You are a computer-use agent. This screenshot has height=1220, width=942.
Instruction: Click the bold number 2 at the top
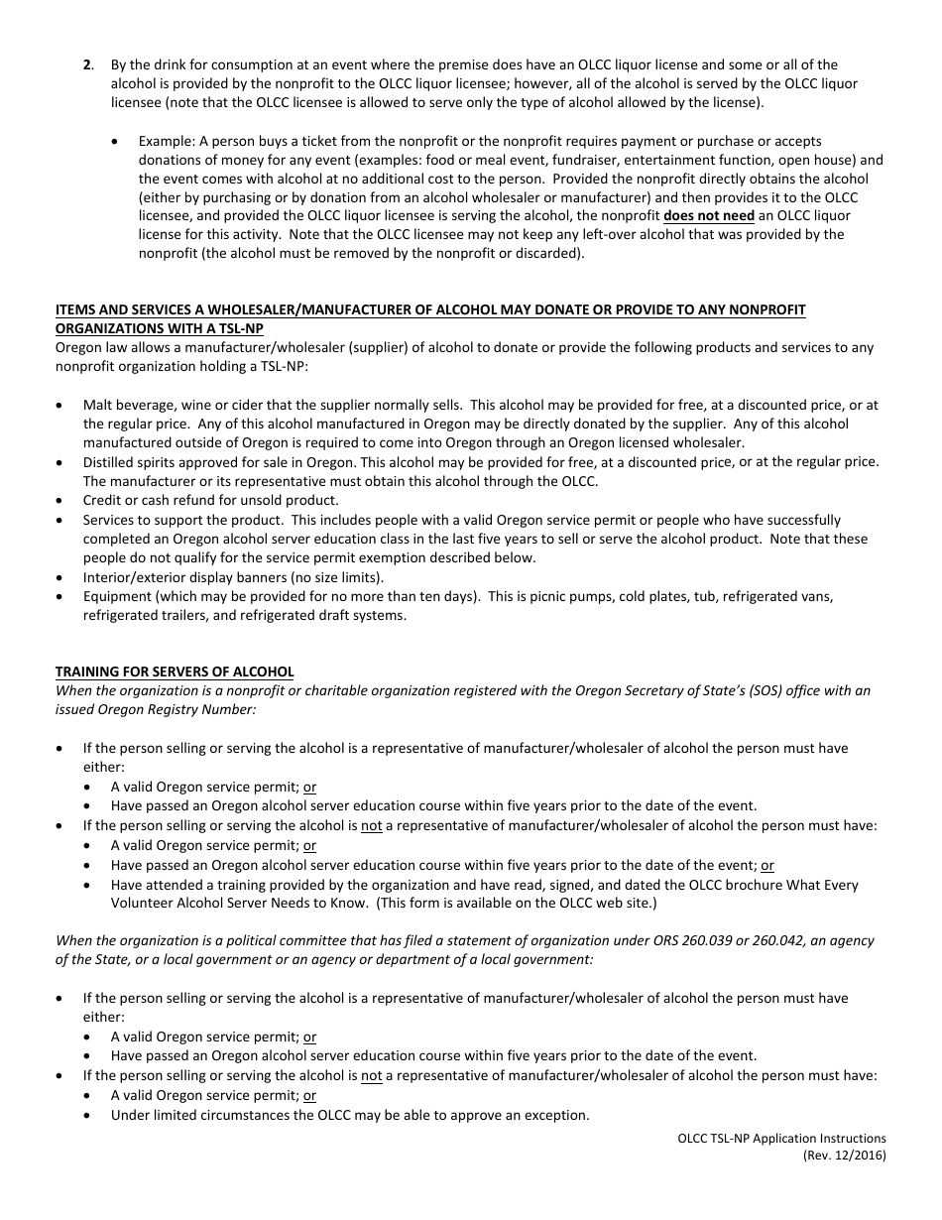pos(87,65)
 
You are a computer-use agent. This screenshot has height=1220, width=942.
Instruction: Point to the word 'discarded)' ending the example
pos(550,253)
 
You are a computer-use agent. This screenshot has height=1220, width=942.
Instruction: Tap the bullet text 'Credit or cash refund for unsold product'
pos(210,500)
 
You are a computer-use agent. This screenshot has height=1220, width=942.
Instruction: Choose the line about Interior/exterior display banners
pos(233,577)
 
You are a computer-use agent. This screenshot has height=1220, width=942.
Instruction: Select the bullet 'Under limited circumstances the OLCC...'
pos(350,1115)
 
